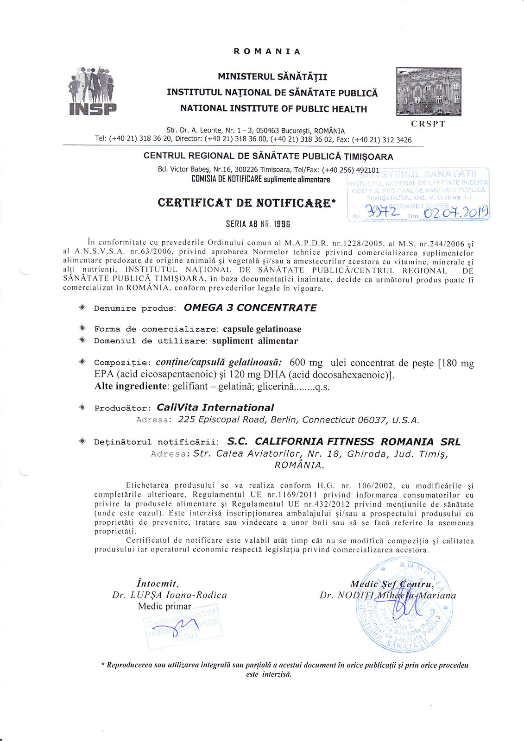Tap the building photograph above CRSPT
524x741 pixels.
pos(429,91)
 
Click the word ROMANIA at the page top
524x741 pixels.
pos(267,51)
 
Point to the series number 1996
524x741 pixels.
pos(281,224)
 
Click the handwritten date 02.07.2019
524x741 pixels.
pos(456,213)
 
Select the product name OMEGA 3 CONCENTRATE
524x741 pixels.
pos(250,308)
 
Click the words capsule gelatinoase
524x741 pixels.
pos(262,329)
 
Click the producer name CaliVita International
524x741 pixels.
pos(215,408)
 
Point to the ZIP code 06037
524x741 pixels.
pos(372,420)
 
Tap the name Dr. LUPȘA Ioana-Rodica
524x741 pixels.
pos(170,595)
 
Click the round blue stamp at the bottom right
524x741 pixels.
pos(402,607)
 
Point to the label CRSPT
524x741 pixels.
pos(428,124)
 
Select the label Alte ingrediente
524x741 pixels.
pos(132,387)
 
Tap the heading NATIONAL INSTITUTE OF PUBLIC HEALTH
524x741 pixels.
pos(273,109)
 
